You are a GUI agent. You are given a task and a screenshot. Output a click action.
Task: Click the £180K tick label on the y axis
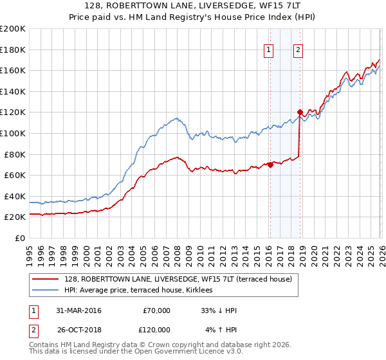coord(13,50)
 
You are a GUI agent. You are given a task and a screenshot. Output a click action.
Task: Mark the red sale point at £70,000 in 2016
coord(270,165)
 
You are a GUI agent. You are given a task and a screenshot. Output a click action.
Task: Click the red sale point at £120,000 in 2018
coord(300,113)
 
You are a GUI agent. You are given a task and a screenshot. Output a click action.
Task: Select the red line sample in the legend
coord(46,279)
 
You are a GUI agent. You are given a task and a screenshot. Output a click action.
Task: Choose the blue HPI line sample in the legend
coord(46,290)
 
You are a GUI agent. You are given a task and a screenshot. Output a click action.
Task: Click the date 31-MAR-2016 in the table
coord(79,310)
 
